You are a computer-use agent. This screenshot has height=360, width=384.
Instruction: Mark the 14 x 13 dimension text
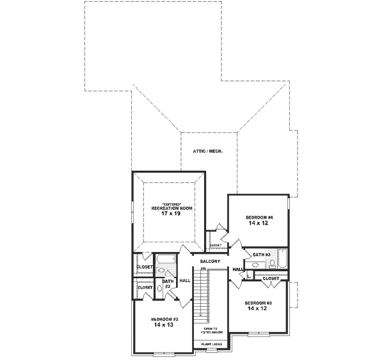coord(164,325)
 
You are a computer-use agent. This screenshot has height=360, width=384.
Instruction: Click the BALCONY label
coord(210,262)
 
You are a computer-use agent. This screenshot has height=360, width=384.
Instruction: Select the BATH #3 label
coord(262,255)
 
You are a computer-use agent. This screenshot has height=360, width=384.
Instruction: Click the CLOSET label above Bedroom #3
coord(271,279)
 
